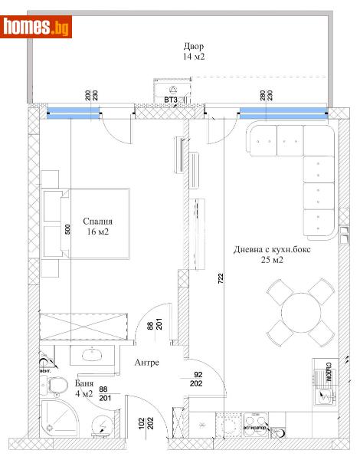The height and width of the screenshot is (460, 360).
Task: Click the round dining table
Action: (299, 311)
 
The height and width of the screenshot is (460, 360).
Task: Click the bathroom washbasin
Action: (94, 355)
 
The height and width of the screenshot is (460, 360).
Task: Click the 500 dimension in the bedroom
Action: (68, 231)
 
